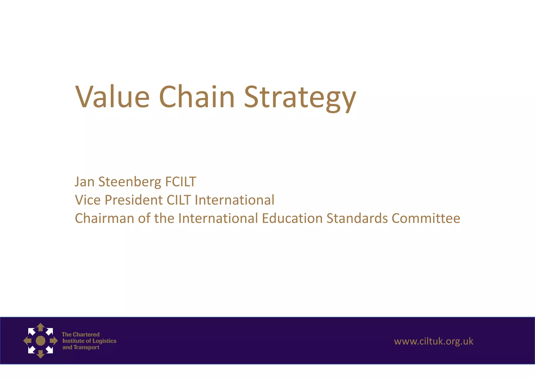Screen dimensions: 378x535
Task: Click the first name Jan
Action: pyautogui.click(x=84, y=182)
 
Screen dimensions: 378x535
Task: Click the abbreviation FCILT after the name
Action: pyautogui.click(x=181, y=182)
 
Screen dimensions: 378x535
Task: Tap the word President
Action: pyautogui.click(x=133, y=200)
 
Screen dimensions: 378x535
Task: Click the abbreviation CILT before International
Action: pyautogui.click(x=179, y=200)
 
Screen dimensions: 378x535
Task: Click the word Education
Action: pyautogui.click(x=292, y=218)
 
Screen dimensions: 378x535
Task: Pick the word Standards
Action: pyautogui.click(x=357, y=218)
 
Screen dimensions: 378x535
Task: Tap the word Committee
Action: pyautogui.click(x=426, y=218)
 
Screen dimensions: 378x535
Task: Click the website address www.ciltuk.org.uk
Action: pyautogui.click(x=434, y=341)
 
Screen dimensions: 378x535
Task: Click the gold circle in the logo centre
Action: pyautogui.click(x=40, y=341)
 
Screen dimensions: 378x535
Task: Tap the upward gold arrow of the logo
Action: pyautogui.click(x=40, y=327)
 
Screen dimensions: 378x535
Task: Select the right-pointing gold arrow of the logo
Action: pyautogui.click(x=54, y=341)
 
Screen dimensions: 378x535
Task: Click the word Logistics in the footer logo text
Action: pyautogui.click(x=104, y=341)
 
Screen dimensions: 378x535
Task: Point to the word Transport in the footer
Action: pyautogui.click(x=86, y=347)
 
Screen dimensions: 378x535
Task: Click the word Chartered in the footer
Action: pyautogui.click(x=86, y=334)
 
